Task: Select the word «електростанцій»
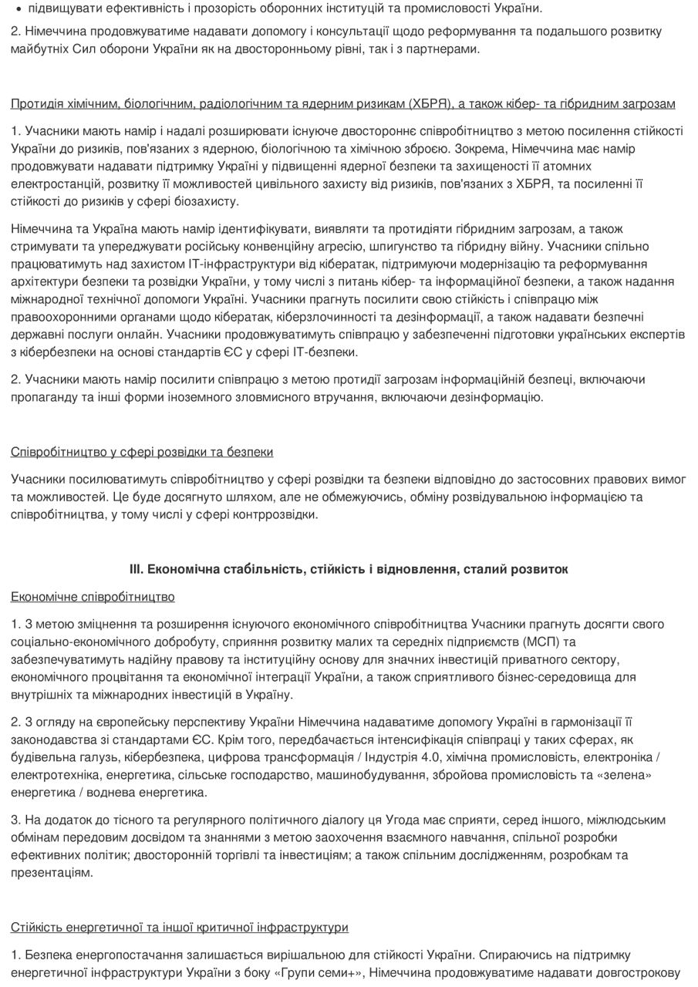(50, 184)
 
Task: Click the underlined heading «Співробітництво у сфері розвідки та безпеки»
(142, 452)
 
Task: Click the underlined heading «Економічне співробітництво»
(93, 598)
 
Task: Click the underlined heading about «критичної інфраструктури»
(179, 928)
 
